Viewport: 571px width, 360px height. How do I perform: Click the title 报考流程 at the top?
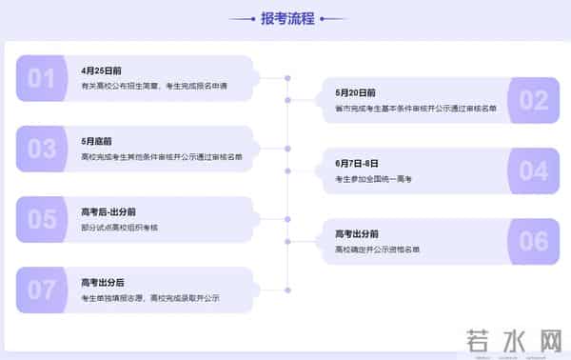[x=286, y=18]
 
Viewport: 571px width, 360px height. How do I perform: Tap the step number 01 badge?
[x=41, y=78]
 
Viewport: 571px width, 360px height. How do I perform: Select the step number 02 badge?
[x=534, y=100]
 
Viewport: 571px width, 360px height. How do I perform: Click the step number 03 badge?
[x=41, y=149]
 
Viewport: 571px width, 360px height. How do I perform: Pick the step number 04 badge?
[x=534, y=170]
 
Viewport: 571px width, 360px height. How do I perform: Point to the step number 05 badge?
[x=41, y=219]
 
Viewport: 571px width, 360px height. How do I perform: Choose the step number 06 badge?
[x=534, y=241]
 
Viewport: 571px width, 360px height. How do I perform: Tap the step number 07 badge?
[x=41, y=290]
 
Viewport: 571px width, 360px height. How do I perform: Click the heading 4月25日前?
[x=102, y=70]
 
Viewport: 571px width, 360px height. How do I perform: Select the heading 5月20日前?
[x=355, y=93]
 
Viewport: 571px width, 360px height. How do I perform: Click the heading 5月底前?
[x=97, y=141]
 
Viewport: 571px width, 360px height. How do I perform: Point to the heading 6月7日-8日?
[x=357, y=164]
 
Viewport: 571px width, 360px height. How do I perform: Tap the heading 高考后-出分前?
[x=108, y=211]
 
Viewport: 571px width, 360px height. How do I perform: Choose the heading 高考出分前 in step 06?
[x=357, y=234]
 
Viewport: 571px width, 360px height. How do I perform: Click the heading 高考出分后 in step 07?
[x=103, y=282]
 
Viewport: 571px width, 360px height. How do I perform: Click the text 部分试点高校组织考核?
[x=120, y=227]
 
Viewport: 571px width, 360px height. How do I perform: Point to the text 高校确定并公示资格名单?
[x=377, y=250]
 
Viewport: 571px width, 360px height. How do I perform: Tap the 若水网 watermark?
[x=513, y=340]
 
